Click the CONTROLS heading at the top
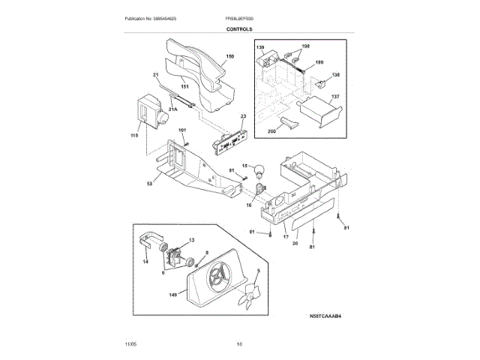[x=239, y=29]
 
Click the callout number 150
[x=230, y=56]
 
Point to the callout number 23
[x=243, y=116]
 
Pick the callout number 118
[x=134, y=136]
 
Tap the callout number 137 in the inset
[x=336, y=96]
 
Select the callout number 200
[x=271, y=131]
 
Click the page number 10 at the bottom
[x=239, y=344]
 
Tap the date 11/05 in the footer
[x=130, y=344]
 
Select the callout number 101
[x=181, y=130]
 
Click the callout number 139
[x=261, y=48]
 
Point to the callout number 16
[x=250, y=204]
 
